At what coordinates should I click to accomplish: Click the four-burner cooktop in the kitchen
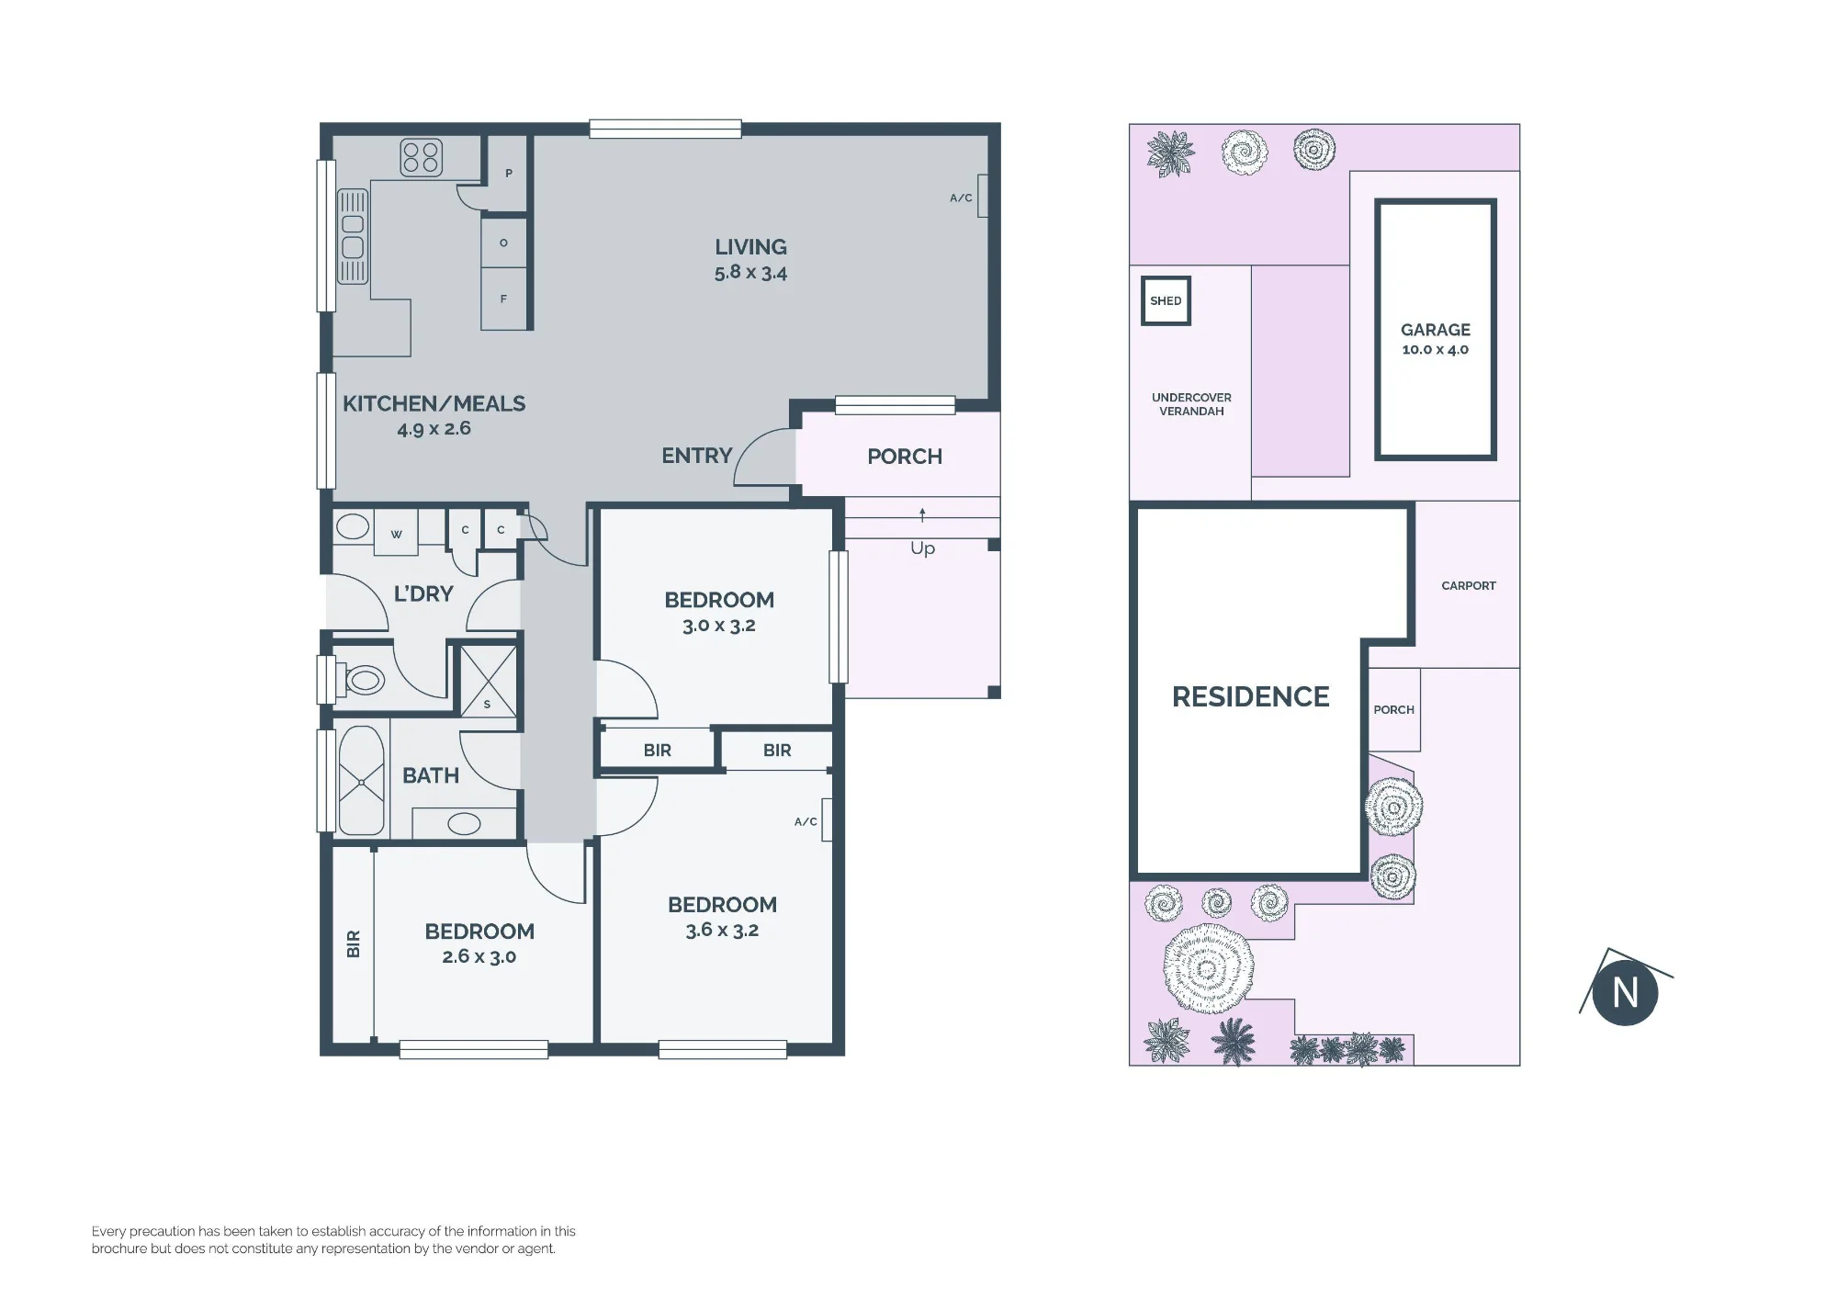(421, 157)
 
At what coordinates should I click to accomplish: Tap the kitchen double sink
(353, 236)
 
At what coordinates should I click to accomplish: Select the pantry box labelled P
(506, 174)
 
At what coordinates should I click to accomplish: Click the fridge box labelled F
(504, 299)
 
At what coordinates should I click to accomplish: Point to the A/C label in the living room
(961, 198)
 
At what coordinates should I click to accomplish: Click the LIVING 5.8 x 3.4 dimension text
(750, 259)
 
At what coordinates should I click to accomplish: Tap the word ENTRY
(697, 456)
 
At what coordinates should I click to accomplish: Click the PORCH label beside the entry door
(905, 457)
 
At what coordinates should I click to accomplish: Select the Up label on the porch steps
(923, 548)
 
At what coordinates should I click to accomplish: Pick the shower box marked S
(488, 679)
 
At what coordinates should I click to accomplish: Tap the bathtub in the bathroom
(361, 782)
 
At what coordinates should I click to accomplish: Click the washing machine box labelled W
(396, 533)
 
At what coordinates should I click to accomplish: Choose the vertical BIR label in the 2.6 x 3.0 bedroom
(354, 943)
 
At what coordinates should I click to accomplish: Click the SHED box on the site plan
(1166, 300)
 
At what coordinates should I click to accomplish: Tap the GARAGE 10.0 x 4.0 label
(1436, 338)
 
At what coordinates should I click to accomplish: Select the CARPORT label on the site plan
(1469, 585)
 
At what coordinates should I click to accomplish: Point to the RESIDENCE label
(1251, 696)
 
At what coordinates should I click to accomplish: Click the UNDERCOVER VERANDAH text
(1191, 404)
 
